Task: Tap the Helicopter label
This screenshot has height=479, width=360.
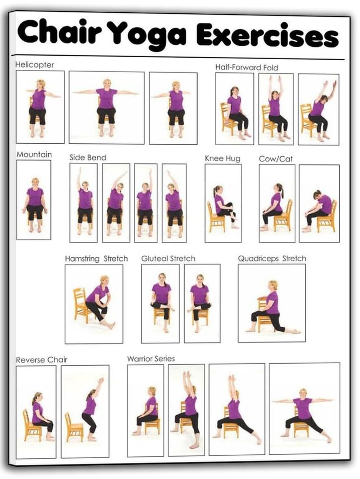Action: (34, 65)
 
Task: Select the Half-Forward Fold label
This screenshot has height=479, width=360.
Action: (246, 67)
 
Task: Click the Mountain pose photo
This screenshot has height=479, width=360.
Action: (34, 199)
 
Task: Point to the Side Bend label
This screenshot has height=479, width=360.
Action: (88, 158)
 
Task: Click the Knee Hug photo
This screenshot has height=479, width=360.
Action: (223, 203)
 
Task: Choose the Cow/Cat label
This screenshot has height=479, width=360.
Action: (276, 159)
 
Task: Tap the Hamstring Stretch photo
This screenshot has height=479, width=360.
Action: (94, 304)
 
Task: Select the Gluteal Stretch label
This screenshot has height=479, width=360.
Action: (168, 259)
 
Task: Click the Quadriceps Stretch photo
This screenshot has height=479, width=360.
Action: (272, 303)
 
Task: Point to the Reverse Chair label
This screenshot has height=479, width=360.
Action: (41, 360)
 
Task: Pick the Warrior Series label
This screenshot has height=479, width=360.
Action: (151, 359)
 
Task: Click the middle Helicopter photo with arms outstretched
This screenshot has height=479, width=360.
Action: (106, 107)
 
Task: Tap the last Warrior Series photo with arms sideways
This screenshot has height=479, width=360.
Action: (304, 408)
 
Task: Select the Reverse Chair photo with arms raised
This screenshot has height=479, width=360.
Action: (85, 411)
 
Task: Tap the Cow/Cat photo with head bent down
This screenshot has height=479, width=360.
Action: (319, 203)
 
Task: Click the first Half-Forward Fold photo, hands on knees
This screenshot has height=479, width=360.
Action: (234, 108)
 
